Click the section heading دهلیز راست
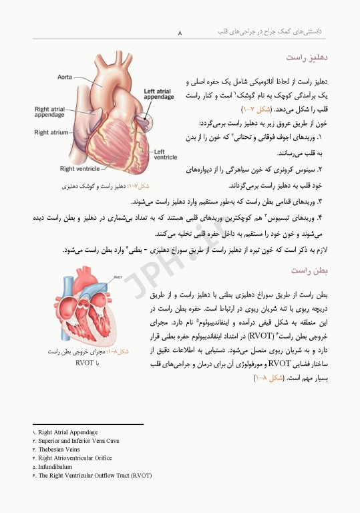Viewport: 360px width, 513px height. point(305,59)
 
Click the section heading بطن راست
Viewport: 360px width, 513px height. point(307,270)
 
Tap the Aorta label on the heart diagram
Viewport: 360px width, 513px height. point(65,77)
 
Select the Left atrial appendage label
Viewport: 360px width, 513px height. point(159,94)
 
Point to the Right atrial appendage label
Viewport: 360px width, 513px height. point(49,111)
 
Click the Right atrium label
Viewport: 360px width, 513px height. point(51,132)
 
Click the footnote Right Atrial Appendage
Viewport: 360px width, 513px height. point(67,432)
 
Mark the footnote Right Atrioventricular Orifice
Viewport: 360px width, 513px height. point(75,458)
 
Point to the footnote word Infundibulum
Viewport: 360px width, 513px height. point(55,467)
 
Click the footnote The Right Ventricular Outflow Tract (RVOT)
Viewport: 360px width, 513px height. point(94,476)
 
